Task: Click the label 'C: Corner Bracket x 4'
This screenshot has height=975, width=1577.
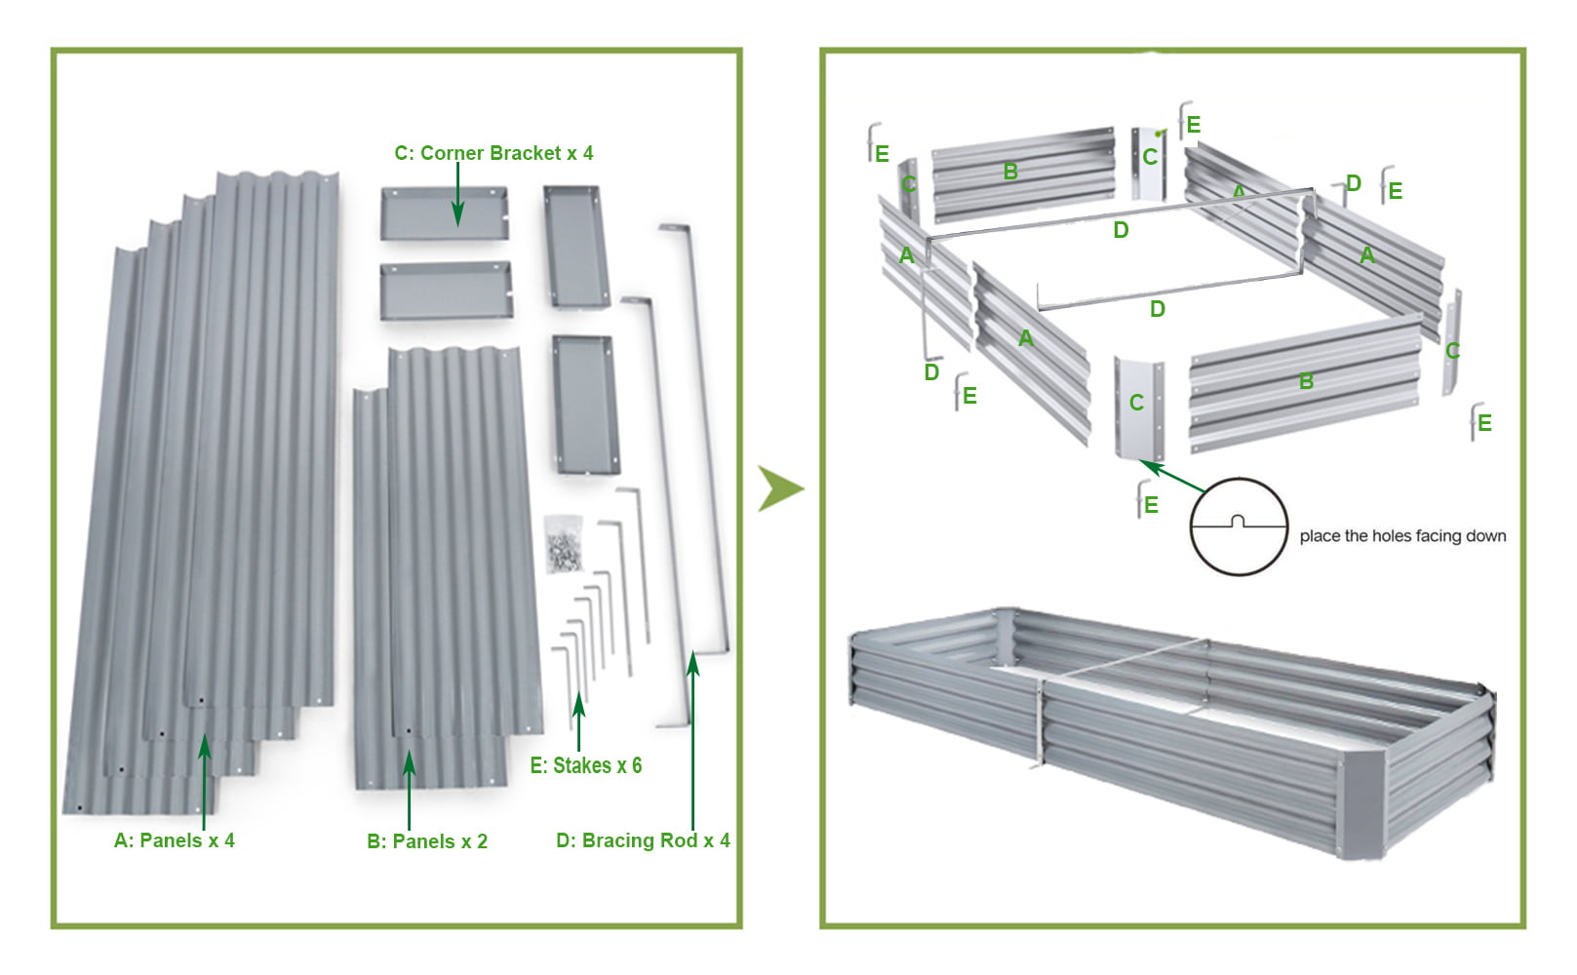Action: (x=493, y=153)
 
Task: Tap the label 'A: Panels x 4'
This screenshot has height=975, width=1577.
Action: (x=174, y=840)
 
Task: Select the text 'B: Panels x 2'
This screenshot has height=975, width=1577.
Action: (x=427, y=841)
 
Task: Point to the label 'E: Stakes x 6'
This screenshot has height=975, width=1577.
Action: (x=585, y=765)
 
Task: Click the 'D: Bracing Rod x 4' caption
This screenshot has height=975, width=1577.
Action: (x=643, y=840)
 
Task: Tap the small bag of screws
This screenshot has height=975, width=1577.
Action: (x=564, y=543)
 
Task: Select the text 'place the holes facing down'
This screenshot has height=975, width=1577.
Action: (x=1401, y=536)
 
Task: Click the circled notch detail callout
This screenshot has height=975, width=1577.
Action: (x=1239, y=526)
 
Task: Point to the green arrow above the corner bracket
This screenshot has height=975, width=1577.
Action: (x=457, y=195)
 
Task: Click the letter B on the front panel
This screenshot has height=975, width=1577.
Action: (x=1306, y=382)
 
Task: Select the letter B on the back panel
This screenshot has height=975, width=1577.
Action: (x=1010, y=172)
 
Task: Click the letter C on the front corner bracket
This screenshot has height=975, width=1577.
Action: (x=1136, y=403)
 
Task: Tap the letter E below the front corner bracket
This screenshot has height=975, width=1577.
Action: (x=1151, y=505)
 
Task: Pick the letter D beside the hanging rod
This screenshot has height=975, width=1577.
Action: (x=931, y=372)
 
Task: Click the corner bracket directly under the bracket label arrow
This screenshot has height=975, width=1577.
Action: (x=444, y=214)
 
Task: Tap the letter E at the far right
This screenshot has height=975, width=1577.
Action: (x=1484, y=423)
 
